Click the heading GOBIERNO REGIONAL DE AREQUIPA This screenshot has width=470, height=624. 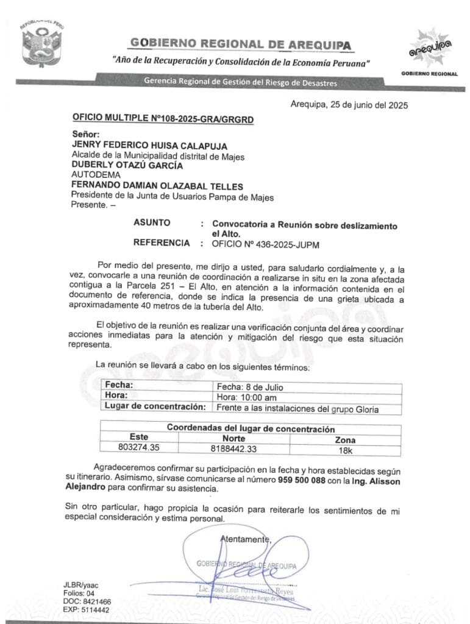click(x=241, y=44)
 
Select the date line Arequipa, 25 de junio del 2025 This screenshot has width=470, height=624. click(x=349, y=104)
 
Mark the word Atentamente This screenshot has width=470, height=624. click(x=245, y=539)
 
